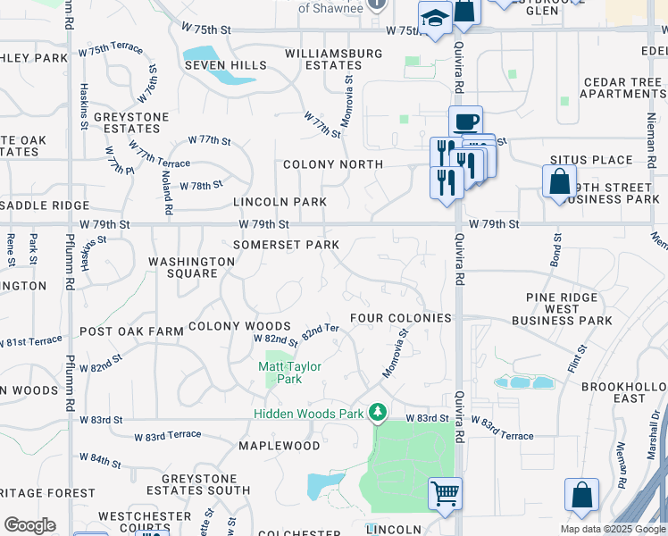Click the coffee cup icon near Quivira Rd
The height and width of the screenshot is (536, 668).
(465, 121)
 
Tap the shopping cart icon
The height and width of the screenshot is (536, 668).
(445, 492)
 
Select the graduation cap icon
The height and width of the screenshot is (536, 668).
(435, 21)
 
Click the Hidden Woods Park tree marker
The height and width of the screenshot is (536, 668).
(378, 413)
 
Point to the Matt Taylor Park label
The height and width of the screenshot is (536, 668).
(289, 373)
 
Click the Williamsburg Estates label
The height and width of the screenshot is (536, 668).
(333, 59)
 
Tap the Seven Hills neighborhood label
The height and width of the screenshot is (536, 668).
(225, 65)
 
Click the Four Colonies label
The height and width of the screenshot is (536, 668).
(401, 318)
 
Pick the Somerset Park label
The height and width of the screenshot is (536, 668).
(286, 244)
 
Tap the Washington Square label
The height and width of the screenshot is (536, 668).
(191, 267)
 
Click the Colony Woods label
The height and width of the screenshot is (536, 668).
(239, 327)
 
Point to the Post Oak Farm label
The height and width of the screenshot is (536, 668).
(131, 331)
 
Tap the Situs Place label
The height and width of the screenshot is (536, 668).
(590, 161)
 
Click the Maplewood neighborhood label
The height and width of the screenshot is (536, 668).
(279, 445)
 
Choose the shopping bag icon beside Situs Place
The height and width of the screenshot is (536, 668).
(559, 181)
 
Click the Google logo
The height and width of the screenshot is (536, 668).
(29, 525)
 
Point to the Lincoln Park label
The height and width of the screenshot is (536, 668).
(280, 202)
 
